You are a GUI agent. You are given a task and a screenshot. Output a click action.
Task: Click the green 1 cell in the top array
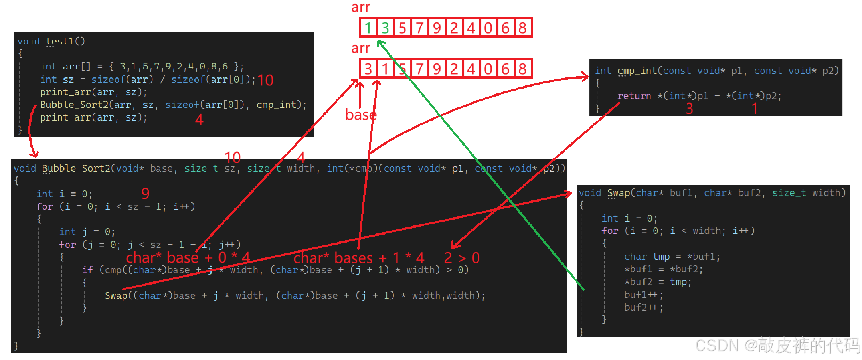(368, 28)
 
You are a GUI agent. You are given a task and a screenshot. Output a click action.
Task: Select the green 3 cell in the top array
(385, 28)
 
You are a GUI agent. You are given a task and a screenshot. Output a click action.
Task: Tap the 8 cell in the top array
(522, 28)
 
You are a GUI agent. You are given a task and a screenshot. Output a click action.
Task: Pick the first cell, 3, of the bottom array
(368, 69)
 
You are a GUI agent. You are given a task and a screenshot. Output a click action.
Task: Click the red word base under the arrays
(361, 115)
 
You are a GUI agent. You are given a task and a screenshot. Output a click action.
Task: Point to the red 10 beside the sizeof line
(265, 80)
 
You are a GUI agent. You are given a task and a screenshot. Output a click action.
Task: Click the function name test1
(65, 41)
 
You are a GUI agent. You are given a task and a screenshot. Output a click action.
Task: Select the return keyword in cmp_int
(634, 96)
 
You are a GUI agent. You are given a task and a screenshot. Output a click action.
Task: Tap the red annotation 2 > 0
(462, 258)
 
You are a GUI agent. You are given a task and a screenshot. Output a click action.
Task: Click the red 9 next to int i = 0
(145, 194)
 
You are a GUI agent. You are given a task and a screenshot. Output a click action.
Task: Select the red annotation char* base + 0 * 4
(188, 258)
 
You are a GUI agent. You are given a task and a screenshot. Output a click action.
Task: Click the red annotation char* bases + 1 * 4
(358, 258)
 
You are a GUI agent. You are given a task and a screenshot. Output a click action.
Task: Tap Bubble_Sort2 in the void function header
(76, 168)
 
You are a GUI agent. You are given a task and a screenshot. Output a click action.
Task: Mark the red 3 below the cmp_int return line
(690, 109)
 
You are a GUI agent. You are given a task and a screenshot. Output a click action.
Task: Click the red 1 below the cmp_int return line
(754, 109)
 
